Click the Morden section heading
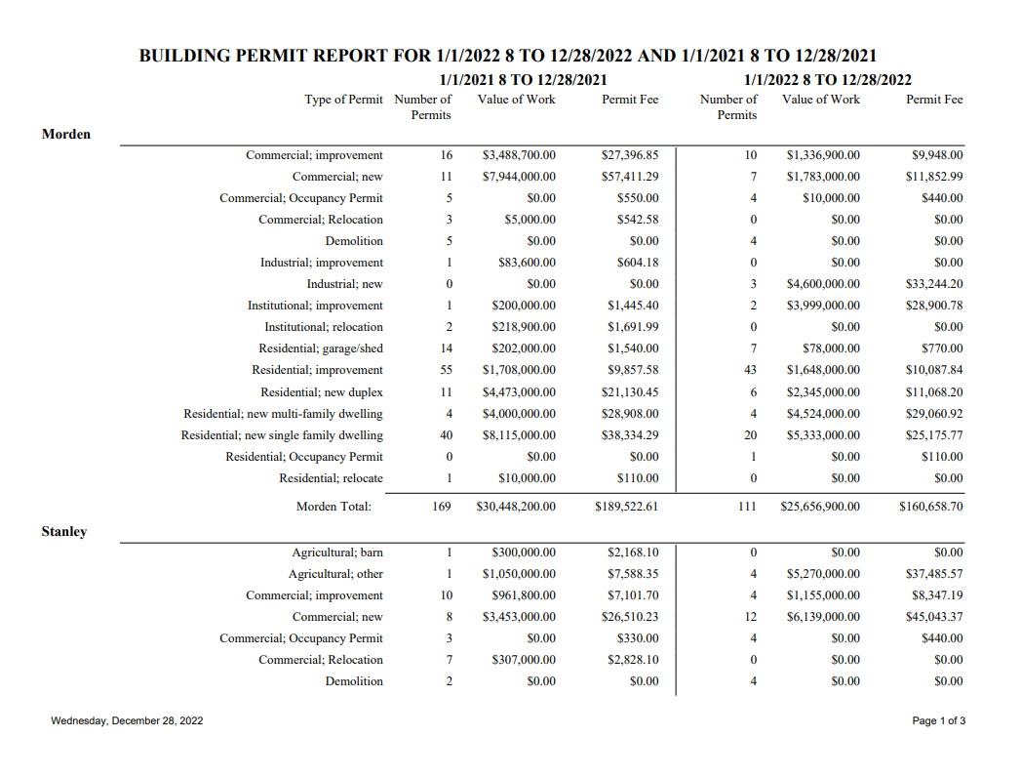pos(66,134)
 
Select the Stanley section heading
pos(64,531)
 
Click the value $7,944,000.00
pos(519,177)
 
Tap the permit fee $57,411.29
pos(630,177)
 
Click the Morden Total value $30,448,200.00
pos(516,507)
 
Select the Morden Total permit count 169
pos(442,507)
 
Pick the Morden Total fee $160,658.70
pos(930,507)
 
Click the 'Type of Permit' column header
pos(344,99)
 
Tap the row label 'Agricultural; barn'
pos(337,553)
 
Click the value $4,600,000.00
pos(823,284)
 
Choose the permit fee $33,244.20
pos(934,284)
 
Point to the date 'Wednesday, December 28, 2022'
pos(128,720)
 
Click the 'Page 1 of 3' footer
pos(939,720)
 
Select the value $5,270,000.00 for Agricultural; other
pos(823,574)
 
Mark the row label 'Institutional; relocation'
pos(324,327)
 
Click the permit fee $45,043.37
pos(934,617)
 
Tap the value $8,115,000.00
pos(519,434)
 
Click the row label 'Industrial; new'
pos(345,284)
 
